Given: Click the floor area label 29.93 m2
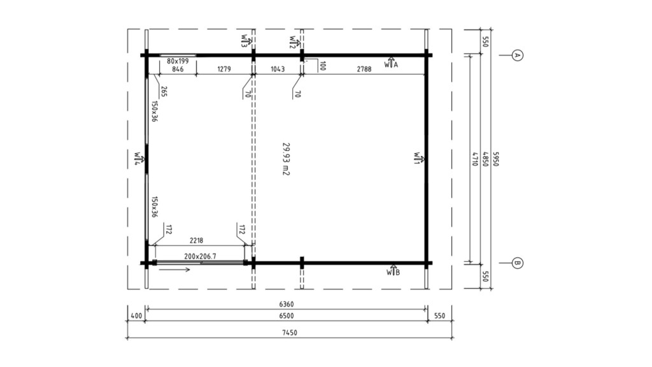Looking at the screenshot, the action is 286,159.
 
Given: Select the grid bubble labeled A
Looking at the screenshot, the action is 517,55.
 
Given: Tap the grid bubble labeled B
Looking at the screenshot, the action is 517,263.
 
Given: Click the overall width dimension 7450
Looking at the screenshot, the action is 290,333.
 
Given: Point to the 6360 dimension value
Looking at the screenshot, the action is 287,304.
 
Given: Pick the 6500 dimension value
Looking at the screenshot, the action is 287,316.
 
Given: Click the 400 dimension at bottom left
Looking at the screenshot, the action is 136,316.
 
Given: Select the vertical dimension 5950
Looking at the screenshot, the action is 495,159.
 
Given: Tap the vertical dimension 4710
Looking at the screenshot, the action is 474,159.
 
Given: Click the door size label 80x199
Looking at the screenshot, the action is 178,61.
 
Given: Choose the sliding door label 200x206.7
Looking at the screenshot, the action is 200,256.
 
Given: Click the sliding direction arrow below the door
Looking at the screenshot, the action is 174,270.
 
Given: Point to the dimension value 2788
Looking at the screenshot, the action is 364,69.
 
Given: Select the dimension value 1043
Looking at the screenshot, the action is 278,69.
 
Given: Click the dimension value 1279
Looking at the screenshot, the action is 223,69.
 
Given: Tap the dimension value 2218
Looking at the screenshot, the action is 196,240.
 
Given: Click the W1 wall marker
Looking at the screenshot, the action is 419,158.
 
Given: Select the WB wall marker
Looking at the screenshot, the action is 393,270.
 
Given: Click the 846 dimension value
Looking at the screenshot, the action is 178,69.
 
